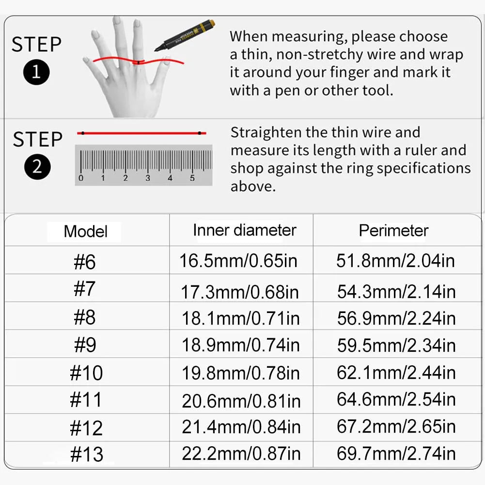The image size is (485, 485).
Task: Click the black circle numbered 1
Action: coord(36,72)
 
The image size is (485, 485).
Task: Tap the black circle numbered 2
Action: coord(37,167)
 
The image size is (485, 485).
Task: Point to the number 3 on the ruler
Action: coord(148,178)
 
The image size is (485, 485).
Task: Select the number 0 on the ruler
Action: coord(81,178)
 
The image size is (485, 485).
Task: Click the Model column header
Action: coord(85,232)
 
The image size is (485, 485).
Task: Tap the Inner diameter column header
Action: coord(244,231)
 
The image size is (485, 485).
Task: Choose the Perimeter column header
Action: coord(393,231)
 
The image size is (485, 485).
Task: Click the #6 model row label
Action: coord(85,262)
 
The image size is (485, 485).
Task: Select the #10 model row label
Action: coord(86,373)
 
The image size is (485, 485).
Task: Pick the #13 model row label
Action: coord(87,454)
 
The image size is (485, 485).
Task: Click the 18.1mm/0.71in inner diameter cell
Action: coord(241,319)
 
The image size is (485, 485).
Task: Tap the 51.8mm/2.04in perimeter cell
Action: coord(396,261)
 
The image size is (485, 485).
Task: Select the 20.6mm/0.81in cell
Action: coord(241,401)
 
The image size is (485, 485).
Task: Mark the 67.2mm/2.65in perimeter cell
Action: coord(396,426)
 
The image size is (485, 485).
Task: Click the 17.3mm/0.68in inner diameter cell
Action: coord(240,292)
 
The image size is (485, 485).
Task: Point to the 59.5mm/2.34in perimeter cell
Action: coord(396,345)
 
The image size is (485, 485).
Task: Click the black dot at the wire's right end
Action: coord(200,133)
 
